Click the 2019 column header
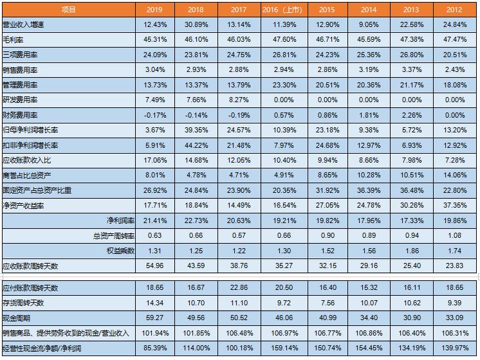pos(154,10)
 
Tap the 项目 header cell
pos(68,10)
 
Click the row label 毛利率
pos(13,40)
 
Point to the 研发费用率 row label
pos(20,100)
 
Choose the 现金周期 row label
pos(17,318)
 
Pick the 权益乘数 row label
pos(121,250)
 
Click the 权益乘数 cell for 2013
pos(412,250)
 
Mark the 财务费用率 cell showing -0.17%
pos(154,115)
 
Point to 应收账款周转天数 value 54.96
pos(154,265)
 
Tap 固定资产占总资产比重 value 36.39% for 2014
pos(369,190)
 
